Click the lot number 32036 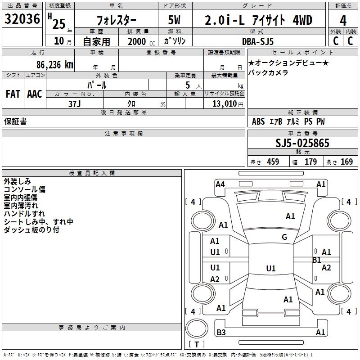22,20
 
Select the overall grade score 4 343,20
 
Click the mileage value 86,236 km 54,65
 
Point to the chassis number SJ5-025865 302,144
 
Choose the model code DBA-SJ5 264,41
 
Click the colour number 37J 75,103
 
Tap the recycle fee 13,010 225,103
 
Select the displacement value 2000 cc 140,41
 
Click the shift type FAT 13,94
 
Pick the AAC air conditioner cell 35,94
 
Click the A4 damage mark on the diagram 220,184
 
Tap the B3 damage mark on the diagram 221,333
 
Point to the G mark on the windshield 284,237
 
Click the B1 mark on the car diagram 317,260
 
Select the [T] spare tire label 196,345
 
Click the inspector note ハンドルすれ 24,214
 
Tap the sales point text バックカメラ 269,72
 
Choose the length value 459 273,162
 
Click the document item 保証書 15,121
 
